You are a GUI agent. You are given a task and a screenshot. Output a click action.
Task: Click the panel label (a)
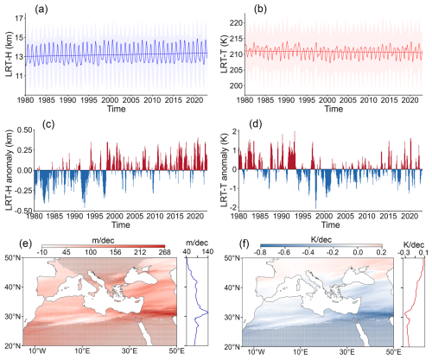(x=41, y=9)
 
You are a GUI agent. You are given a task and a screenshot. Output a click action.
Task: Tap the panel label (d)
(x=256, y=124)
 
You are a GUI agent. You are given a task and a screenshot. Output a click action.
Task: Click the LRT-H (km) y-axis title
(x=10, y=54)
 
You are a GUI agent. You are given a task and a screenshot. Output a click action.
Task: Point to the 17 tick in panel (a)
(x=19, y=19)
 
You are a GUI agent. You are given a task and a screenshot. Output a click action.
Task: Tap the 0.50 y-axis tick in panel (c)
(x=24, y=130)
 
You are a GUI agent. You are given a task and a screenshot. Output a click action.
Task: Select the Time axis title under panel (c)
(x=121, y=224)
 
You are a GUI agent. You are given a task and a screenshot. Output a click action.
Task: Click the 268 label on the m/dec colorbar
(x=164, y=252)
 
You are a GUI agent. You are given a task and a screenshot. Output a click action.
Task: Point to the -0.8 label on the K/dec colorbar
(x=261, y=252)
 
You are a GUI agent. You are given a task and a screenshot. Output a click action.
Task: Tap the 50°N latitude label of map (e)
(x=13, y=258)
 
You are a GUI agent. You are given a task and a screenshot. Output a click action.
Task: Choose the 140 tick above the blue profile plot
(x=207, y=252)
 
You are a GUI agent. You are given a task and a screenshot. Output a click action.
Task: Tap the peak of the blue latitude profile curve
(x=208, y=313)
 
